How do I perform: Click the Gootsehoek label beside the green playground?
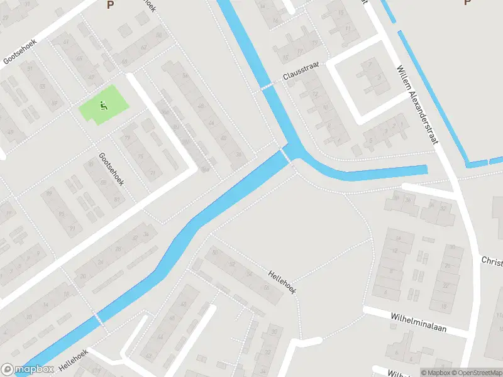(x=111, y=168)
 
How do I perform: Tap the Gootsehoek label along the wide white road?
(x=19, y=52)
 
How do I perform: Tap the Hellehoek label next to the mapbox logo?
(x=72, y=359)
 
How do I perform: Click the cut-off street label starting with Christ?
(x=492, y=260)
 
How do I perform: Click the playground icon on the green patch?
(x=103, y=106)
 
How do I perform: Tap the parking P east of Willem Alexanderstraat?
(x=467, y=3)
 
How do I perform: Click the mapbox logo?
(x=27, y=369)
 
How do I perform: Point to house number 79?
(x=128, y=138)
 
